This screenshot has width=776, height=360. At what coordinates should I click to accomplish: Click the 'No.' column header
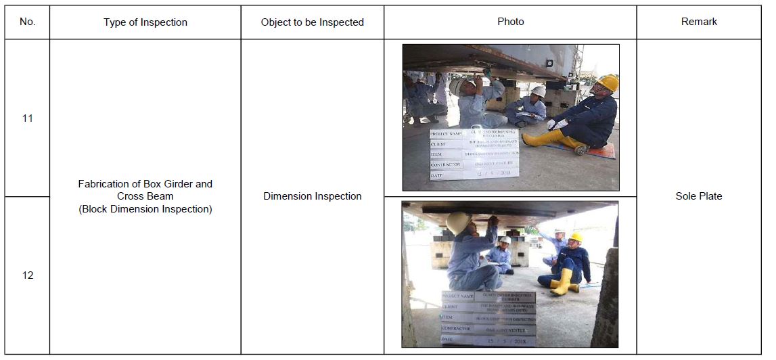point(27,22)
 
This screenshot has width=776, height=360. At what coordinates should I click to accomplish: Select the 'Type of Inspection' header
point(145,22)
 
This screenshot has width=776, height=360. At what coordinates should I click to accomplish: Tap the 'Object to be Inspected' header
point(313,22)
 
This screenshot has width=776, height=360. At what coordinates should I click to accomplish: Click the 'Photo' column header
point(511,22)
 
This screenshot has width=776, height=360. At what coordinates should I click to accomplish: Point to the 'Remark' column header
point(699,22)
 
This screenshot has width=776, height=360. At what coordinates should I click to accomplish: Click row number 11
point(27,118)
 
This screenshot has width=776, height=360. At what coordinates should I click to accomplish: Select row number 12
point(27,275)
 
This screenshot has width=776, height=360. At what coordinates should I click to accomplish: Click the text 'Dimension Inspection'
point(313,196)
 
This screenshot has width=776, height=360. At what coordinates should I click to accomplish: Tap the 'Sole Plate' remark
point(699,196)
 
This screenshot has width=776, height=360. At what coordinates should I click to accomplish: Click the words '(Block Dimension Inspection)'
point(145,209)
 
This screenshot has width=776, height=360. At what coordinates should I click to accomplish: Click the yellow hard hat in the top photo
point(607,82)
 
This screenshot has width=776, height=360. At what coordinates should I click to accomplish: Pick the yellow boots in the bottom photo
point(561,282)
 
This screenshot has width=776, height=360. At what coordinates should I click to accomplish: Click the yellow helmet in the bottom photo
point(575,237)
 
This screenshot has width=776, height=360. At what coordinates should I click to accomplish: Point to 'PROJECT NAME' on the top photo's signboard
point(446,134)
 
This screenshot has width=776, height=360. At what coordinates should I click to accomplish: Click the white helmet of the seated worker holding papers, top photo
point(539,91)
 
